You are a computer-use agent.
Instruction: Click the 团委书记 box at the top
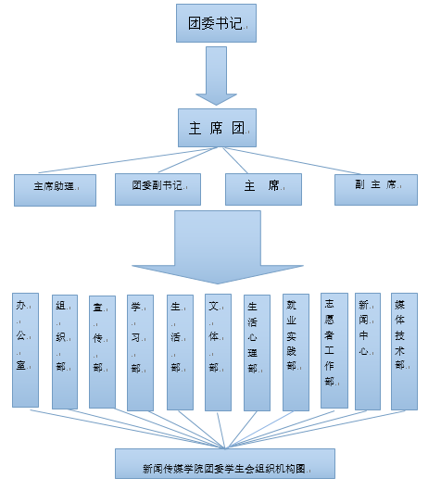tap(216, 23)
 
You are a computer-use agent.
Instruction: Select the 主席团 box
tap(217, 128)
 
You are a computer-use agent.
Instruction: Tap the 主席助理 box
tap(56, 190)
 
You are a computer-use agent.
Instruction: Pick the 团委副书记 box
tap(157, 189)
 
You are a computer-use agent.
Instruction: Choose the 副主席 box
tap(376, 190)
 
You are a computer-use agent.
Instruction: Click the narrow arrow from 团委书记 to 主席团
tap(216, 76)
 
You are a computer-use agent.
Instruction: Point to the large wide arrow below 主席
tap(218, 247)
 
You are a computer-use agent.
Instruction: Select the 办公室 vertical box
tap(25, 350)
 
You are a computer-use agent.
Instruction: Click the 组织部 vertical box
tap(65, 352)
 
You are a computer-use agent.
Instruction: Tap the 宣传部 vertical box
tap(102, 352)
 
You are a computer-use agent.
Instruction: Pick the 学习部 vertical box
tap(140, 353)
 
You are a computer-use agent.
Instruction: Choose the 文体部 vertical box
tap(218, 352)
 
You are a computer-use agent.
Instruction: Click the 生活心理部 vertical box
tap(257, 353)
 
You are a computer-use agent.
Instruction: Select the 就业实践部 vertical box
tap(296, 352)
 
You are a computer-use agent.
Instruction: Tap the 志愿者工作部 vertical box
tap(334, 350)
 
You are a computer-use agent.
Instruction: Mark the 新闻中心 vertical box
tap(368, 351)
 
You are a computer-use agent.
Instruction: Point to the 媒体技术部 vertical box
tap(404, 351)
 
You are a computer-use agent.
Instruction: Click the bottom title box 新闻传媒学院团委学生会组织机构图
tap(225, 463)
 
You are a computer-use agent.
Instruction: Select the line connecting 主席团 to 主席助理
tap(128, 159)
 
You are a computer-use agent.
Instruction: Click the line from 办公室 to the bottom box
tap(128, 429)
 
